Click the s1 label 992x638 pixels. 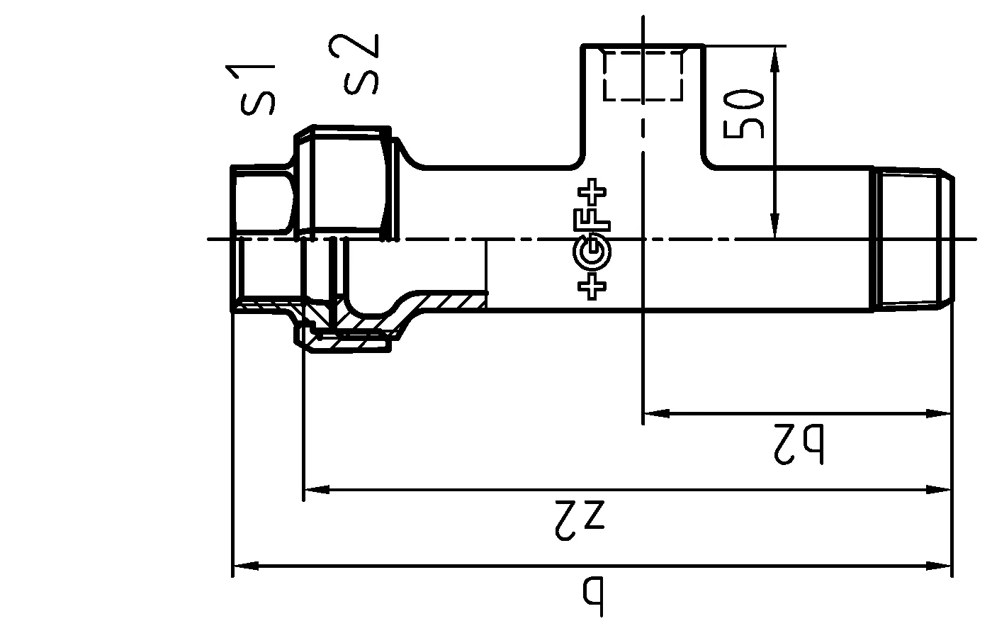click(x=257, y=90)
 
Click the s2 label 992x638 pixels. click(x=361, y=65)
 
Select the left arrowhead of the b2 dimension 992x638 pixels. click(x=655, y=413)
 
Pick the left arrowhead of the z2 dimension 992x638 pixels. click(x=316, y=489)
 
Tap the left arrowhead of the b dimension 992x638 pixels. click(x=245, y=566)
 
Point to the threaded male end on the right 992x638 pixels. click(x=911, y=238)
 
